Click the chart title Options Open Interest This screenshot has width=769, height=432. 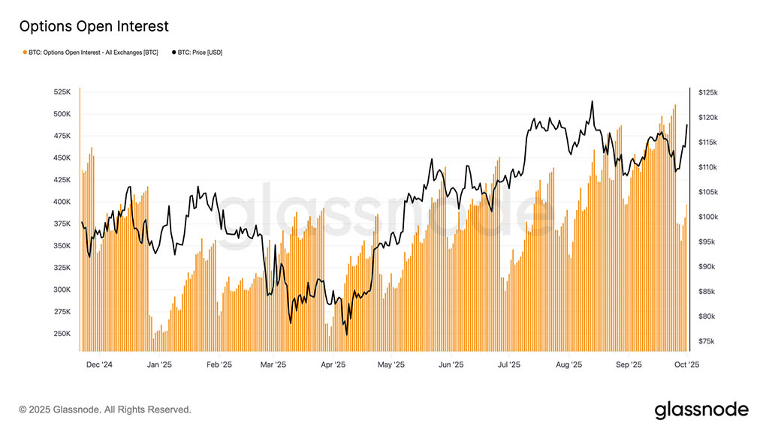coord(94,26)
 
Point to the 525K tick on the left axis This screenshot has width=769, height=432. coord(62,92)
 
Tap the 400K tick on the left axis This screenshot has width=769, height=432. coord(62,202)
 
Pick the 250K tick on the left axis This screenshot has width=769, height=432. coord(62,334)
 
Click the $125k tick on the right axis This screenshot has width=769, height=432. coord(708,92)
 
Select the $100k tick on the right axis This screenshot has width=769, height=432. coord(708,217)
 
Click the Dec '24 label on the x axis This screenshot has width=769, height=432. coord(99,364)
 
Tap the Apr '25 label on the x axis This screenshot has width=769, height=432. coord(333,364)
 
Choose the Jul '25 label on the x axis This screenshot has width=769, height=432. coord(509,364)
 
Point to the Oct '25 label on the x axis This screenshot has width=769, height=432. coord(686,364)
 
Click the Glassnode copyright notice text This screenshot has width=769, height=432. coord(105,409)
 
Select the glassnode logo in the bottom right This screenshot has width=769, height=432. coord(701,409)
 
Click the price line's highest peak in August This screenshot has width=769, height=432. coord(593,102)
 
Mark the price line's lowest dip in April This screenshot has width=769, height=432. coord(346,334)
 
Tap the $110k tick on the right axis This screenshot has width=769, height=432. coord(708,167)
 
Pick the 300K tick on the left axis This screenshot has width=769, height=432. coord(62,289)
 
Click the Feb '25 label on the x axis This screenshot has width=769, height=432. coord(218,364)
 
